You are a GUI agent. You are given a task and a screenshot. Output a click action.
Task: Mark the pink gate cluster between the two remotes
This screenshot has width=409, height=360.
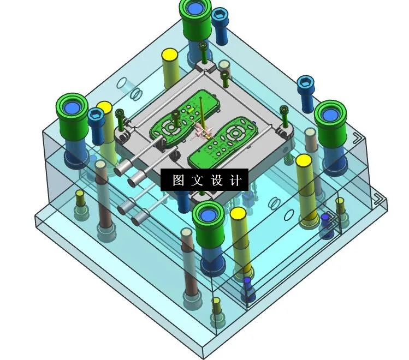[201, 131]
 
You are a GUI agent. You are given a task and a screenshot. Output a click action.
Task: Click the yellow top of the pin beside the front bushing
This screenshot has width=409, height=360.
[238, 213]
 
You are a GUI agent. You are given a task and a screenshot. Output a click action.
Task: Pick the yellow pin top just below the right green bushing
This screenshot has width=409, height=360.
[304, 161]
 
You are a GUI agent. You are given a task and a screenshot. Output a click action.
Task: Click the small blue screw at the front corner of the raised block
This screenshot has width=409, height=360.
[247, 281]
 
